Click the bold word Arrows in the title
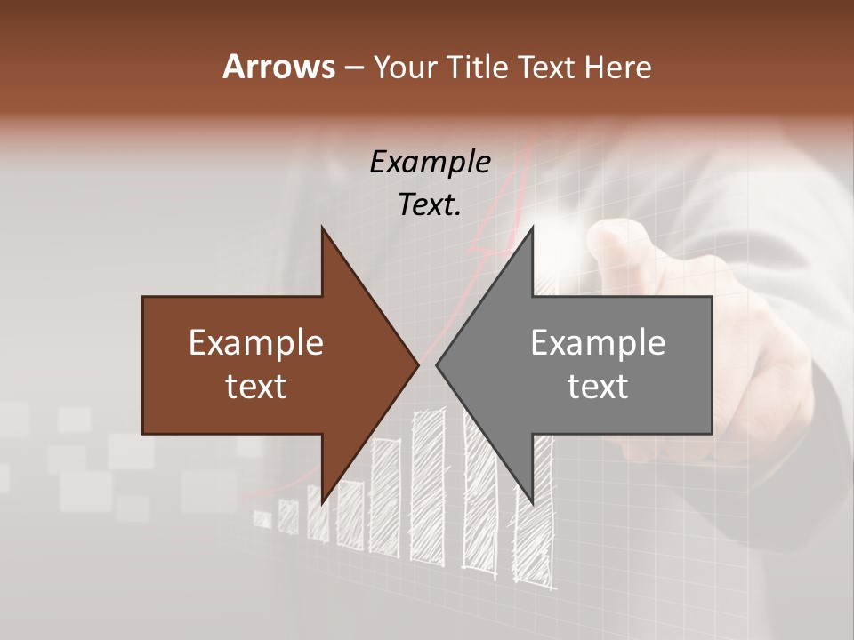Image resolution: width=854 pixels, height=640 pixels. (278, 67)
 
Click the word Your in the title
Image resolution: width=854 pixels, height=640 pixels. (404, 67)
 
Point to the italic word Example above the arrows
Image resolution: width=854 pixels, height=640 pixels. (430, 162)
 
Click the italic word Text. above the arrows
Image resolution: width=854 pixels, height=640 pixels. (430, 204)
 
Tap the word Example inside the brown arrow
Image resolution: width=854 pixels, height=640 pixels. (256, 343)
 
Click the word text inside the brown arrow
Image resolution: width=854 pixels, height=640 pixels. (256, 387)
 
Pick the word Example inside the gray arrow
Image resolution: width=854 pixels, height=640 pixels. (598, 343)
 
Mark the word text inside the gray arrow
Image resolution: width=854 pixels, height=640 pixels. (598, 387)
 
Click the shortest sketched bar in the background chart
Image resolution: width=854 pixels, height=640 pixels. (262, 518)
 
